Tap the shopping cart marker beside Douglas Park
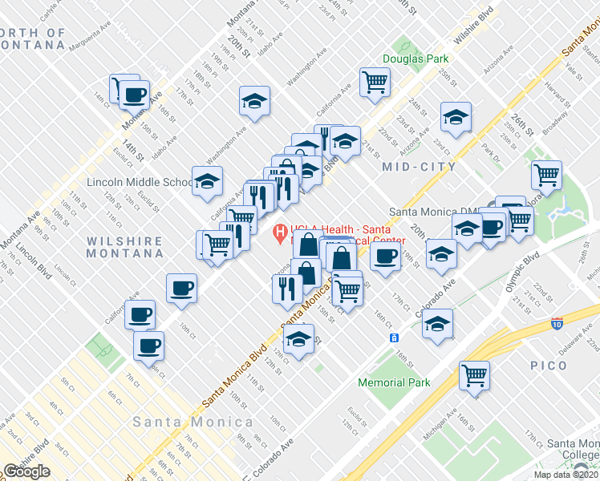pyautogui.click(x=375, y=81)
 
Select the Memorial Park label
pyautogui.click(x=394, y=382)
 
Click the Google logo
pyautogui.click(x=26, y=471)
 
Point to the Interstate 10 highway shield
pyautogui.click(x=557, y=324)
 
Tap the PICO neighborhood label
pyautogui.click(x=549, y=366)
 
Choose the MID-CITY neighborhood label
pyautogui.click(x=419, y=167)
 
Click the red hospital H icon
pyautogui.click(x=280, y=234)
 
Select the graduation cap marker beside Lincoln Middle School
pyautogui.click(x=207, y=180)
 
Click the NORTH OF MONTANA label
pyautogui.click(x=33, y=38)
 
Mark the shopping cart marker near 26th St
pyautogui.click(x=546, y=173)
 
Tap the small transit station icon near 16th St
pyautogui.click(x=395, y=338)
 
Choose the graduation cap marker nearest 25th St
pyautogui.click(x=456, y=116)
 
